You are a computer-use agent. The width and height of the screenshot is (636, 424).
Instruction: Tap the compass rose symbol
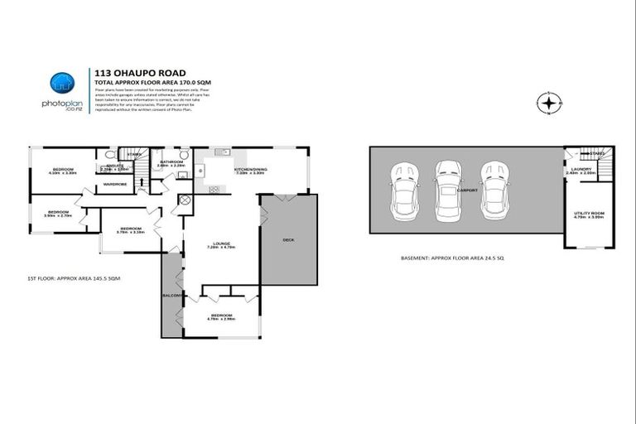point(548,104)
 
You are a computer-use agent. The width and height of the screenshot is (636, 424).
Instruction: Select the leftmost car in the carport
point(407,186)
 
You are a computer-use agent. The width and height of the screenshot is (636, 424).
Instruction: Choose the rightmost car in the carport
point(495,186)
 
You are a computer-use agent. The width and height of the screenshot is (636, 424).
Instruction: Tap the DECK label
point(288,240)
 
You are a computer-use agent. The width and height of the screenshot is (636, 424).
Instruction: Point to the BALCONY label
point(171,295)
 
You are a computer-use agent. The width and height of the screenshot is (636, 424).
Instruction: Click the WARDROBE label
point(115,184)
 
